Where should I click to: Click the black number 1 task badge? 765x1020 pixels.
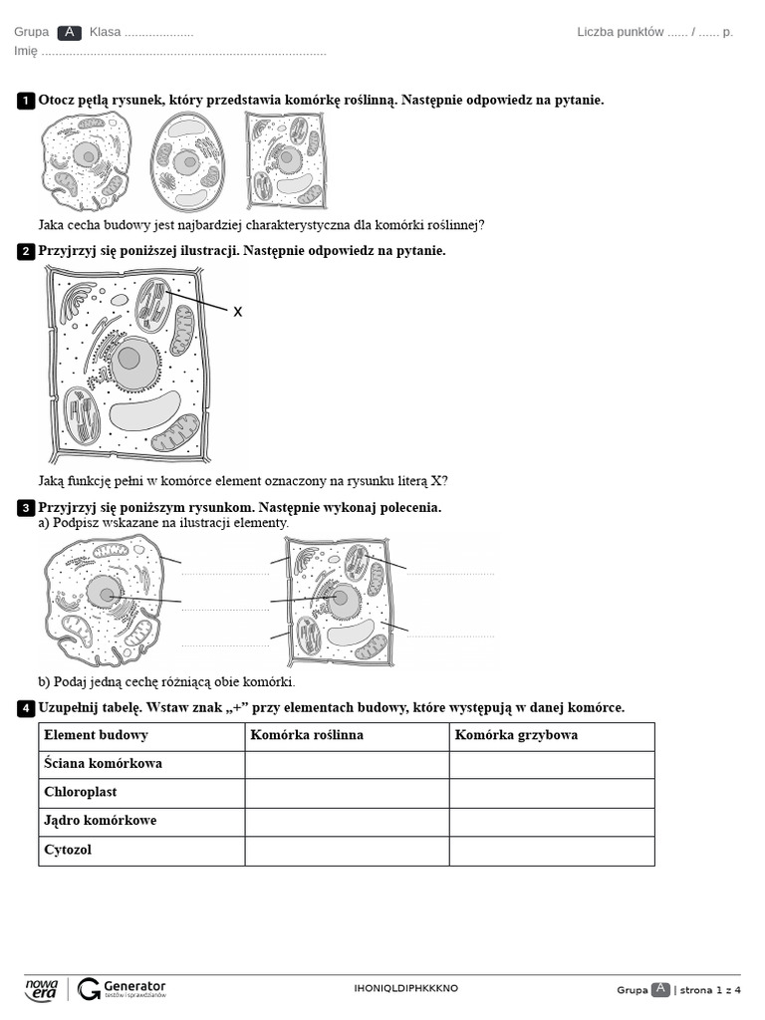(26, 101)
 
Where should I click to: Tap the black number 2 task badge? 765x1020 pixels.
(26, 252)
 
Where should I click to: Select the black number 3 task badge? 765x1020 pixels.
(26, 509)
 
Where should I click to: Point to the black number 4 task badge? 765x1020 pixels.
(26, 708)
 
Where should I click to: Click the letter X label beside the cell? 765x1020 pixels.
(238, 312)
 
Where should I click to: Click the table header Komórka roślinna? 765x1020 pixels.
(307, 735)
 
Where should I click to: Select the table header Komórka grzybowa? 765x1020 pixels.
(516, 735)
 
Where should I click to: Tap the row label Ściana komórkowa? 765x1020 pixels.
(103, 764)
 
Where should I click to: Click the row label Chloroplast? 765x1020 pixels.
(81, 793)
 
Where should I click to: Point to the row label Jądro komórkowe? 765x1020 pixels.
(100, 822)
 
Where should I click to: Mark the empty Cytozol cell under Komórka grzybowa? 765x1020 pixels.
(551, 851)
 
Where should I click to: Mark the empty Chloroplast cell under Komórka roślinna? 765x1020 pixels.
(347, 793)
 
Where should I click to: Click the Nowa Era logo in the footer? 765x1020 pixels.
(42, 988)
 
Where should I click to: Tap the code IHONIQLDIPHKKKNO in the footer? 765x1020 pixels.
(406, 988)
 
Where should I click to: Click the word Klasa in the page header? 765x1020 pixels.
(105, 32)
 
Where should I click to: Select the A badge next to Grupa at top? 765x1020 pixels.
(69, 32)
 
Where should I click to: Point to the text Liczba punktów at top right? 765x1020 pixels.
(620, 32)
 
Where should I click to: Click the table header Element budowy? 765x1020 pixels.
(96, 735)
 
